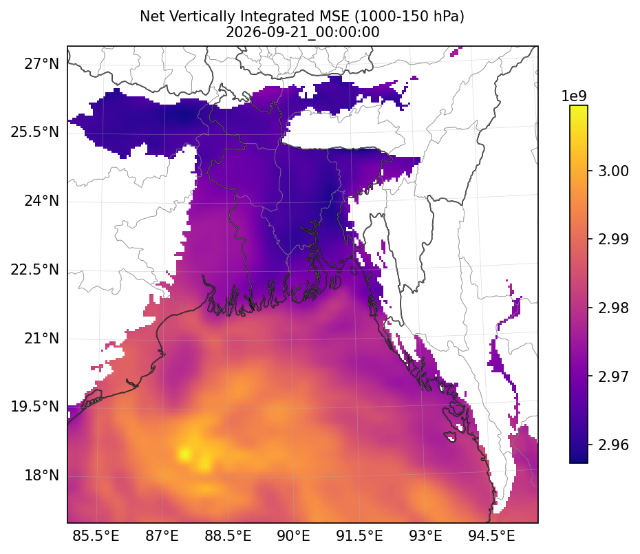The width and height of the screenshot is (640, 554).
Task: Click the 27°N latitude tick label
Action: [x=41, y=64]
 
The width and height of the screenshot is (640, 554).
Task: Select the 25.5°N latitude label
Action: [x=35, y=133]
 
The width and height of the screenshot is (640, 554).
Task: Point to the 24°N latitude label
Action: [x=41, y=201]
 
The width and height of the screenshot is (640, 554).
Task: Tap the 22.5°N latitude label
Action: [x=35, y=270]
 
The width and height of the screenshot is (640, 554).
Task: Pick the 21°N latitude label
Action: [x=41, y=339]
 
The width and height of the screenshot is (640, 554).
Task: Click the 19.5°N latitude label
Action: [x=35, y=407]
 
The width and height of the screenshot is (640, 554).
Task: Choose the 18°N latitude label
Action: [x=41, y=476]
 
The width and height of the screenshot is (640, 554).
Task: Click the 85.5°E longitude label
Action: [x=96, y=535]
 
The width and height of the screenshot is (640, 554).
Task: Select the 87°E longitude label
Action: [x=162, y=535]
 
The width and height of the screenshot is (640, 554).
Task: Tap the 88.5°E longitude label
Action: [x=228, y=535]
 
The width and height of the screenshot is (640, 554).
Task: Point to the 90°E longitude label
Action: [x=293, y=535]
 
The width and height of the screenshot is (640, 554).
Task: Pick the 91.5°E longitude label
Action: [x=360, y=535]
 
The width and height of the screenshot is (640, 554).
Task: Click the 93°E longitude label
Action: [x=426, y=535]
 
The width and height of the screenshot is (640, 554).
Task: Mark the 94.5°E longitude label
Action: [x=491, y=535]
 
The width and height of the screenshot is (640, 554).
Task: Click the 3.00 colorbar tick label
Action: [x=613, y=171]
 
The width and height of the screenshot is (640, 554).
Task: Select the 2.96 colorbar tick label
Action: [x=613, y=445]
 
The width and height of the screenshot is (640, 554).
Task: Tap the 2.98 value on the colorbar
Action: [x=613, y=308]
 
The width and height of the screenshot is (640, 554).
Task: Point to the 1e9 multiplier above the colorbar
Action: [x=574, y=96]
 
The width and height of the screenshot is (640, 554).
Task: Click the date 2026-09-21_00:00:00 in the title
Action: [x=302, y=32]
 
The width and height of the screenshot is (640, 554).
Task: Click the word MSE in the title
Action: [x=337, y=17]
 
